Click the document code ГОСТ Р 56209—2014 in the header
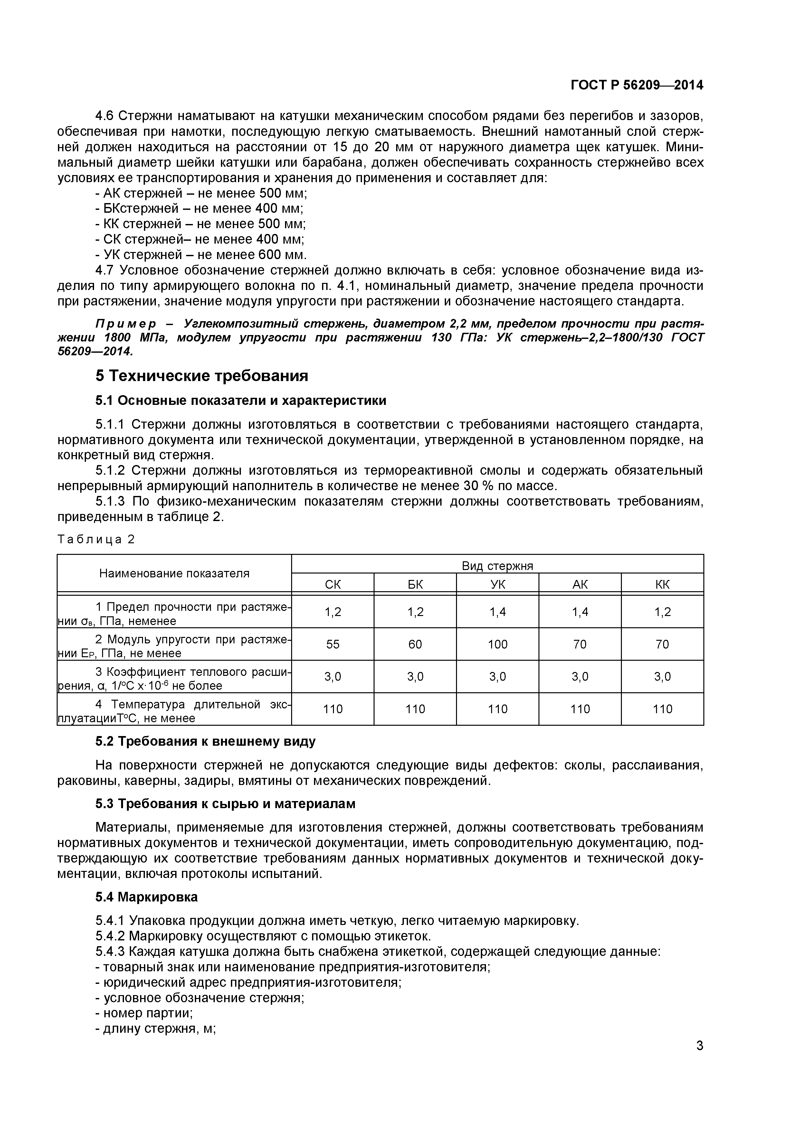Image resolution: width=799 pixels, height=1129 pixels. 637,85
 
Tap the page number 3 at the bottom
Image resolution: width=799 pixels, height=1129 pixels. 699,1059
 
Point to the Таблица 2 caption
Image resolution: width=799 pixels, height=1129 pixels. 96,539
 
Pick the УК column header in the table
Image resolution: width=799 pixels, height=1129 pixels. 498,584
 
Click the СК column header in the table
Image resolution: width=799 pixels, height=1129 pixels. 333,584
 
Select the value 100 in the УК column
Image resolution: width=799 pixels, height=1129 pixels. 498,644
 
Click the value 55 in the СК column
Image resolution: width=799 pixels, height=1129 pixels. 333,644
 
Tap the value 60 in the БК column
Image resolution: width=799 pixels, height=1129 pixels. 415,644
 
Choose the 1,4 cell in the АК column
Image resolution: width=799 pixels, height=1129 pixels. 580,612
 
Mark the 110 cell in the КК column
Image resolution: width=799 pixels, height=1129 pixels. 662,709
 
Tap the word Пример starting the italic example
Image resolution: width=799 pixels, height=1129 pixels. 126,323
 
